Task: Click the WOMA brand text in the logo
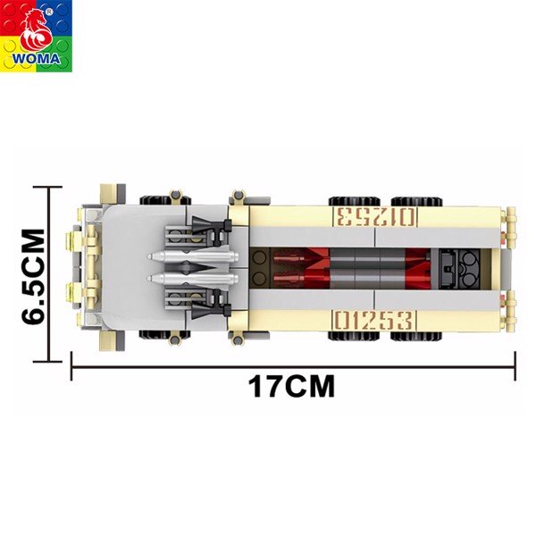pos(37,58)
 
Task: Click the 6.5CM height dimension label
pos(34,276)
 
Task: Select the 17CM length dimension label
pos(291,386)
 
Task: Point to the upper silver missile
pos(192,255)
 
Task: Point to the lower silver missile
pos(192,279)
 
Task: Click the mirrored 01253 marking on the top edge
pos(375,217)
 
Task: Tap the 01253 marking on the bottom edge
pos(374,321)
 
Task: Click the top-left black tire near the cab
pos(164,201)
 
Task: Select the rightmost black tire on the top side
pos(416,201)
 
